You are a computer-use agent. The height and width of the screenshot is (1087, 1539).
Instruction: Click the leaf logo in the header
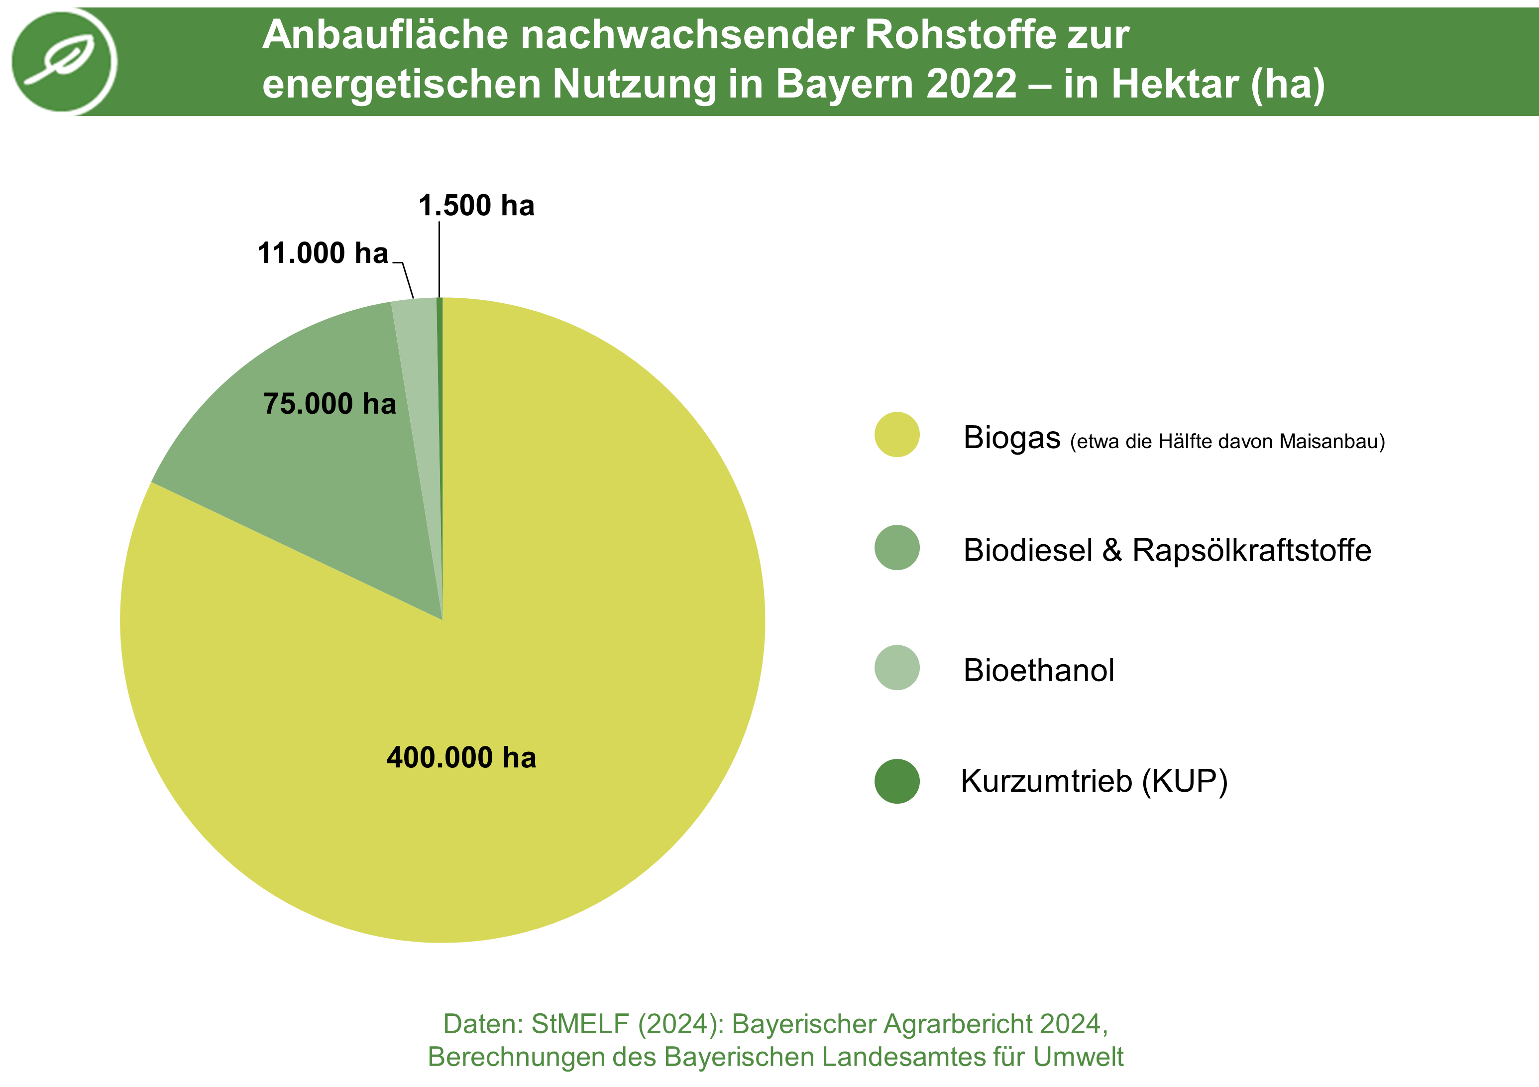pyautogui.click(x=64, y=61)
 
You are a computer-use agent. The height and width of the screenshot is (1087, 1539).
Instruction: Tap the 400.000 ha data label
pyautogui.click(x=461, y=758)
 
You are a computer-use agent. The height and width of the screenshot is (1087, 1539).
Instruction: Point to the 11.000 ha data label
pyautogui.click(x=323, y=253)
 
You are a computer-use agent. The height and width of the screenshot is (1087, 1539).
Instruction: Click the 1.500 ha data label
pyautogui.click(x=476, y=205)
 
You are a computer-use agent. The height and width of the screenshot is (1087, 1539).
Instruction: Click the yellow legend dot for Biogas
pyautogui.click(x=897, y=435)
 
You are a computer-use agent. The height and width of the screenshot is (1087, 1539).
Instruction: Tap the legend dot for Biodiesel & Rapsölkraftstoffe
pyautogui.click(x=897, y=548)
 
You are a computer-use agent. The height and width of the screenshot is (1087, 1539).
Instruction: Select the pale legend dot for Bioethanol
pyautogui.click(x=897, y=668)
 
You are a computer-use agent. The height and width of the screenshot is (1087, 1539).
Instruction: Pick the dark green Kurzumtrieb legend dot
pyautogui.click(x=897, y=781)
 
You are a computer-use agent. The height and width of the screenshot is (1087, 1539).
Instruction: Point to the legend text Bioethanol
pyautogui.click(x=1038, y=671)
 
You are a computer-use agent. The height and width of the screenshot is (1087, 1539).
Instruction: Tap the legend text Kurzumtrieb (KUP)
pyautogui.click(x=1094, y=781)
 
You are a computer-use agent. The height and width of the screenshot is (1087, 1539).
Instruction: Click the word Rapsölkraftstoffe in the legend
pyautogui.click(x=1251, y=551)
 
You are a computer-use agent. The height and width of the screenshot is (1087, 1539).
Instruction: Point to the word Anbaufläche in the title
pyautogui.click(x=385, y=35)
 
